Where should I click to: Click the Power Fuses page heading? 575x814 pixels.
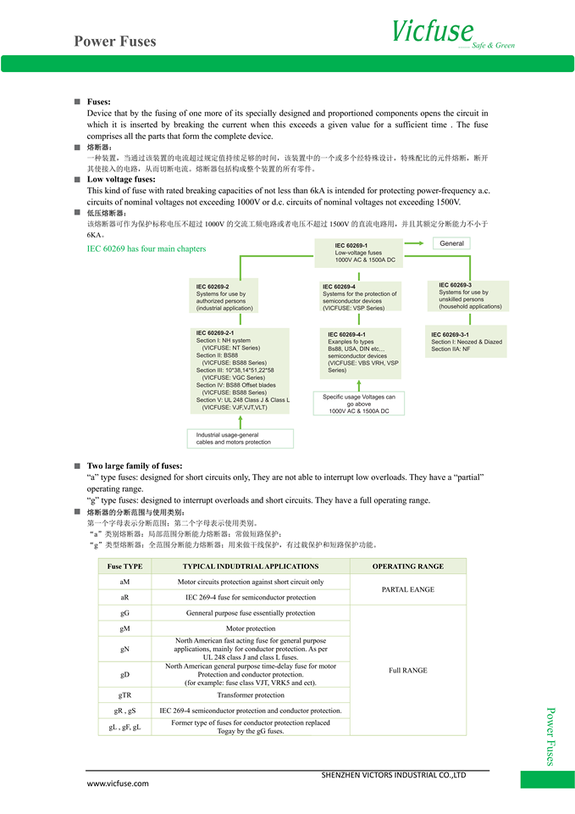(114, 41)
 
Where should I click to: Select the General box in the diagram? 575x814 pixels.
(451, 243)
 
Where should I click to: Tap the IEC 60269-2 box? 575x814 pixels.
(225, 298)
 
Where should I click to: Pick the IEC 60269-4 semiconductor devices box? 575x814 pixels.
(360, 298)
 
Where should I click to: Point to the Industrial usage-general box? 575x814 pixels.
(241, 438)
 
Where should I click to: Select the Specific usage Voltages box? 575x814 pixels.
(359, 404)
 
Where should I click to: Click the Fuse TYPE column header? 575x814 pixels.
(125, 566)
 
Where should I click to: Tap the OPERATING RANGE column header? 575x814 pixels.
(407, 566)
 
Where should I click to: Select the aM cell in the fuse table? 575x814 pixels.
(125, 582)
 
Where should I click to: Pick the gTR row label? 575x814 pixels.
(125, 694)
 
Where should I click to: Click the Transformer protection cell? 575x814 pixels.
(250, 694)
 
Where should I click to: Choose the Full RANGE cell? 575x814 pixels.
(407, 670)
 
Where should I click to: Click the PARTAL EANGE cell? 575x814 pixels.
(407, 589)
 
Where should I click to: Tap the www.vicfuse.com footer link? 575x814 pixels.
(118, 783)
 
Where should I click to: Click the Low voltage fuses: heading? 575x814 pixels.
(121, 179)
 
